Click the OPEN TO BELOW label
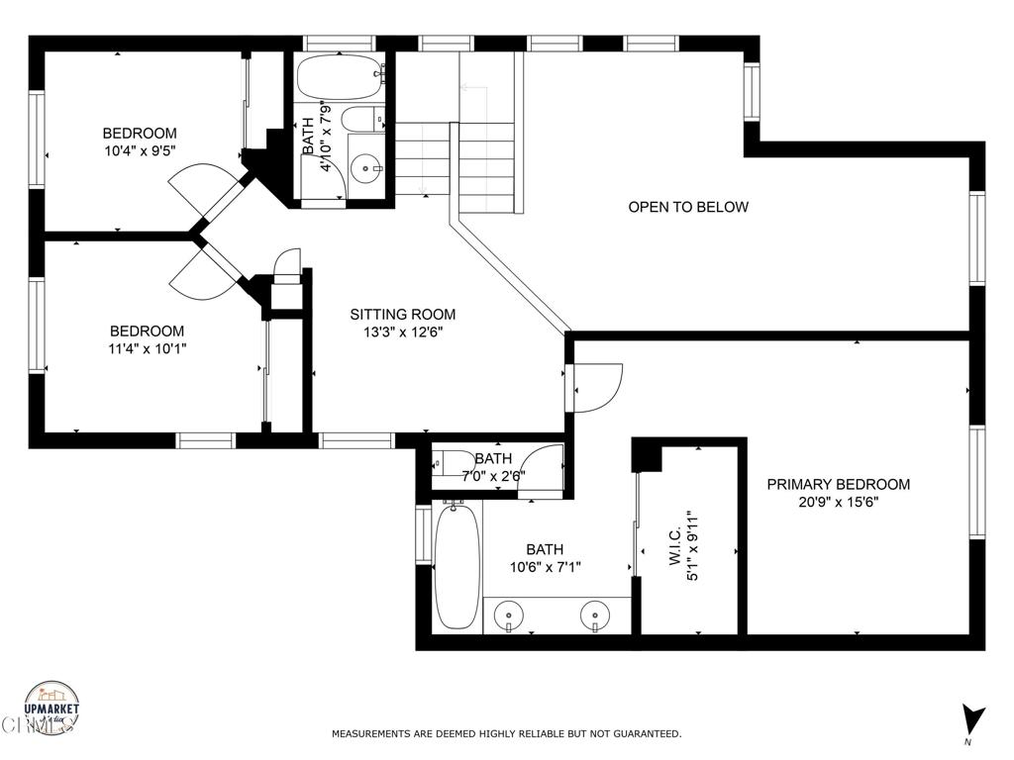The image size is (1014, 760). click(x=688, y=207)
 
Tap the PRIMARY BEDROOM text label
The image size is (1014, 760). click(x=838, y=484)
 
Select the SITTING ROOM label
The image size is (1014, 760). click(x=402, y=315)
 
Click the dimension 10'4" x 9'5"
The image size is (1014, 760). click(x=140, y=150)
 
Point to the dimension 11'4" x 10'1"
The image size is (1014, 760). click(x=147, y=348)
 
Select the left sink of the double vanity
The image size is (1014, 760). click(x=508, y=614)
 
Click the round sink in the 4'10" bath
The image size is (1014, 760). click(x=370, y=169)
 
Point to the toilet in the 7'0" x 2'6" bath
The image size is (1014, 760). click(x=457, y=463)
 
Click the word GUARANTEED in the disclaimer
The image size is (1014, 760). click(x=643, y=734)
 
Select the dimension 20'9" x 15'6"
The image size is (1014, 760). click(x=838, y=502)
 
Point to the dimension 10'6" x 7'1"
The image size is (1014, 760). click(x=545, y=567)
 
